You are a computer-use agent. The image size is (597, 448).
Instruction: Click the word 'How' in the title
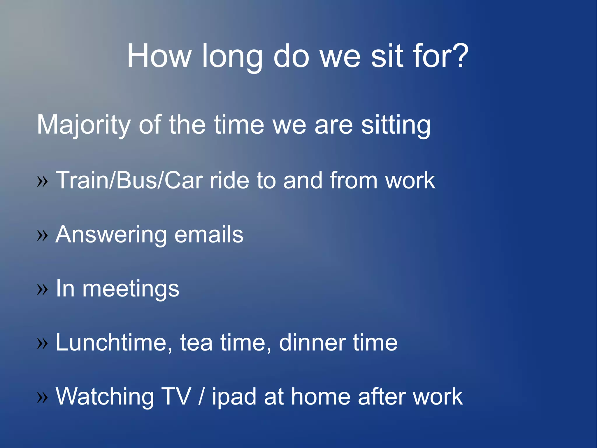[x=159, y=56]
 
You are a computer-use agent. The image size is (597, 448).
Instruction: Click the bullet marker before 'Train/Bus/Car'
[x=42, y=181]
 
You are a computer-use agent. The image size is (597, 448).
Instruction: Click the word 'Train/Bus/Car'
[x=129, y=180]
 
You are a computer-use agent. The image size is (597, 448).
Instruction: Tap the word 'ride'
[x=229, y=180]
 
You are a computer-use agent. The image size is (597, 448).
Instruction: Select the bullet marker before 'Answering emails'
[x=42, y=235]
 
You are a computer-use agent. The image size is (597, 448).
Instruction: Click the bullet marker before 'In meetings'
[x=42, y=289]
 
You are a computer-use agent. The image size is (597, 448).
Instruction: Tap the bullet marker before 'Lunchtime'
[x=42, y=343]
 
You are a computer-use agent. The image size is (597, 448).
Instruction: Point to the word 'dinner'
[x=312, y=343]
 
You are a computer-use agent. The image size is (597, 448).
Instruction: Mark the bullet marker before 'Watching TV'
[x=42, y=397]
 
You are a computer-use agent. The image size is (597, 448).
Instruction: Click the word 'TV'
[x=176, y=397]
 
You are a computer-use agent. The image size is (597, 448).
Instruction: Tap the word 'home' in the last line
[x=321, y=397]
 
